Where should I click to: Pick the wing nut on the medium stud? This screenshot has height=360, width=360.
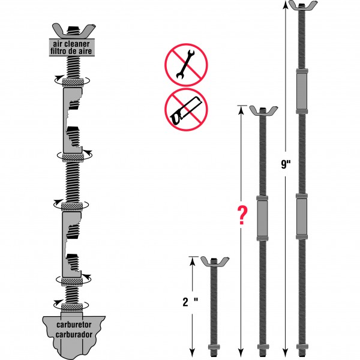[262, 112]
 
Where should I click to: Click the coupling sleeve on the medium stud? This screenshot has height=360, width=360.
[262, 216]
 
